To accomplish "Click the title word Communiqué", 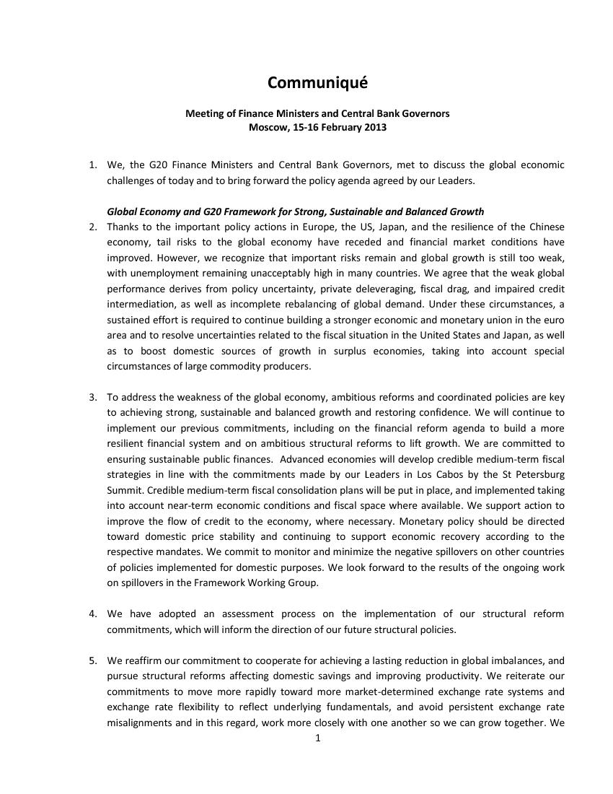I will pos(317,83).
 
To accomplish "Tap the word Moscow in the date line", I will pos(265,128).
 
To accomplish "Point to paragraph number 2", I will pos(93,227).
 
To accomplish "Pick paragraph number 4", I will pos(93,614).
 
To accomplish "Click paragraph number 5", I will pos(93,660).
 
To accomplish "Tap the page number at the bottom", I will pos(317,738).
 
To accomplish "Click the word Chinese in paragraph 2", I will pos(547,227).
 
